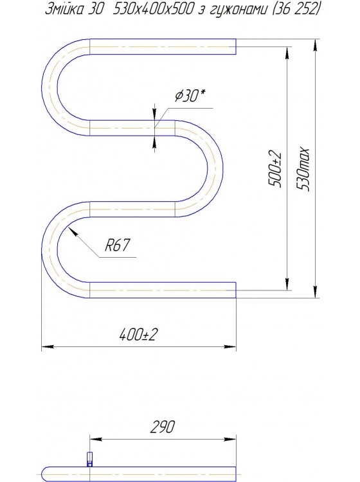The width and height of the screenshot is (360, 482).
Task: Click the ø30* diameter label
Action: coord(190,96)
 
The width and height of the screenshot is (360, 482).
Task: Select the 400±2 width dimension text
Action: coord(138,335)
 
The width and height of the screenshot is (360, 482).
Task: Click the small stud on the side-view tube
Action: coord(89,459)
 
